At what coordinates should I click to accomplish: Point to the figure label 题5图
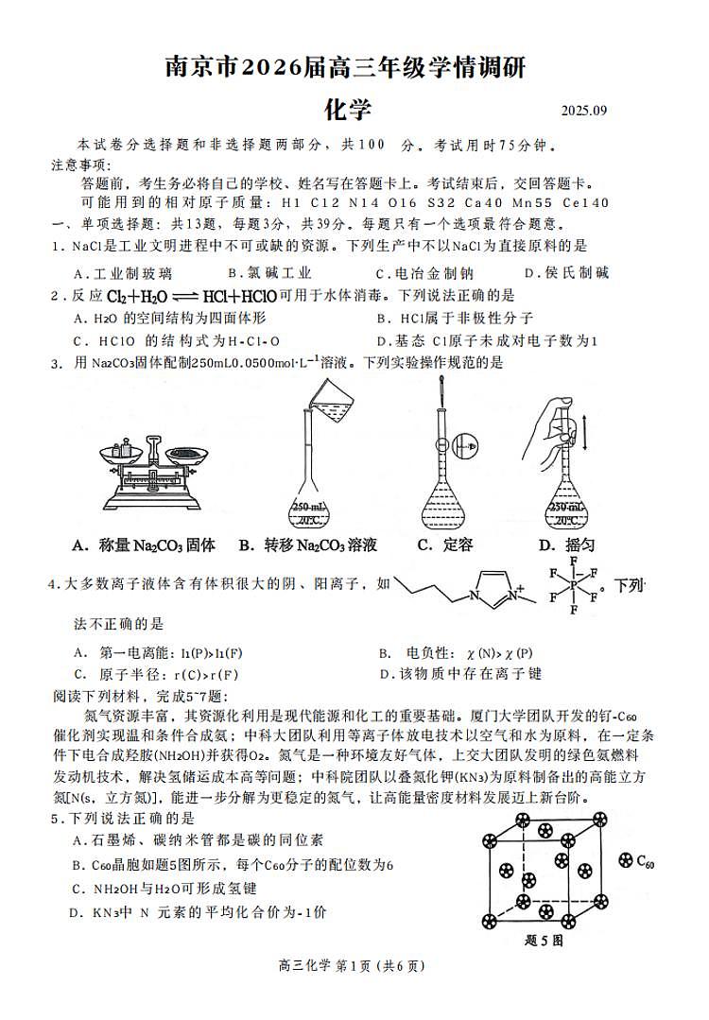544,941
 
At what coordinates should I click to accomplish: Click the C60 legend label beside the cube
636,861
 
